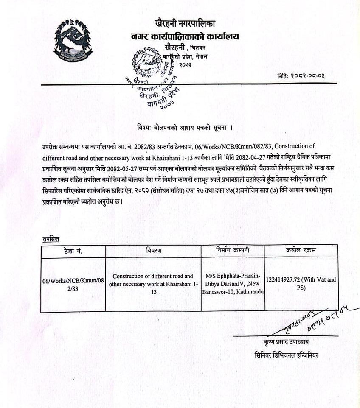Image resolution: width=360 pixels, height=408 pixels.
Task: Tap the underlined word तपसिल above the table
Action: tap(51, 239)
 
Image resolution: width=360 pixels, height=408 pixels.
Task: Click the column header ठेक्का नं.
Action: tap(72, 251)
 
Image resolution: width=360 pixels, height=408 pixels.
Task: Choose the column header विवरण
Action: tap(153, 251)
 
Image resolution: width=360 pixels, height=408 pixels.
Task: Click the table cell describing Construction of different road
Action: tap(153, 284)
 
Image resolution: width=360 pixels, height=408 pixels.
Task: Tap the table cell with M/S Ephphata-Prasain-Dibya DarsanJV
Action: tap(233, 284)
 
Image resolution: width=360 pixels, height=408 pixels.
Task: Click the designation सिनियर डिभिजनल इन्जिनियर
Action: tap(286, 355)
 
